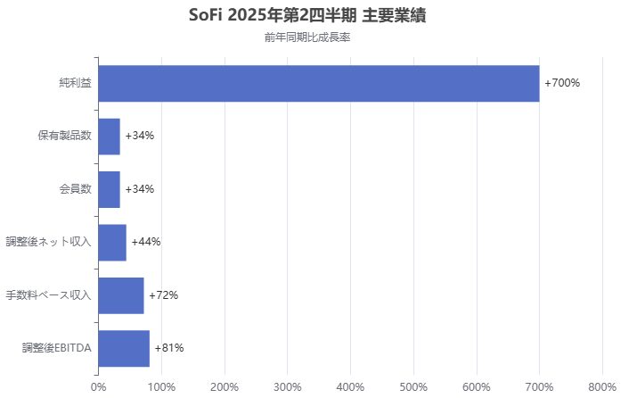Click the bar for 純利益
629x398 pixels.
click(318, 83)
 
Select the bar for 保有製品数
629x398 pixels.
click(109, 136)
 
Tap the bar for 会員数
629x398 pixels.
click(109, 189)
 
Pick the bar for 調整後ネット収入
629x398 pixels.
click(112, 242)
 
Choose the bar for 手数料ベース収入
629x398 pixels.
click(121, 295)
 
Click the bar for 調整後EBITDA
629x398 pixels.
click(124, 348)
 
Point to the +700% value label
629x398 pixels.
click(562, 83)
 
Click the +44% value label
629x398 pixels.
click(146, 242)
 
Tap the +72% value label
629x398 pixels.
click(164, 295)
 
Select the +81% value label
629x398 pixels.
click(169, 348)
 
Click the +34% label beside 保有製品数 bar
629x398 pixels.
click(140, 136)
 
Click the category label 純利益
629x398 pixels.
click(75, 83)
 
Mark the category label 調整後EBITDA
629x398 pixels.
click(57, 348)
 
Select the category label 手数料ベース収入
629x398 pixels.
click(48, 295)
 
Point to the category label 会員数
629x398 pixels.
click(75, 189)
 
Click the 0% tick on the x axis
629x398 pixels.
click(98, 386)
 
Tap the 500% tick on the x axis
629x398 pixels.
click(413, 386)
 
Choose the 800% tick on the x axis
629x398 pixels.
click(603, 386)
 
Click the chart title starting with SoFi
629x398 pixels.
click(314, 16)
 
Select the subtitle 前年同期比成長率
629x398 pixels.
click(314, 37)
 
